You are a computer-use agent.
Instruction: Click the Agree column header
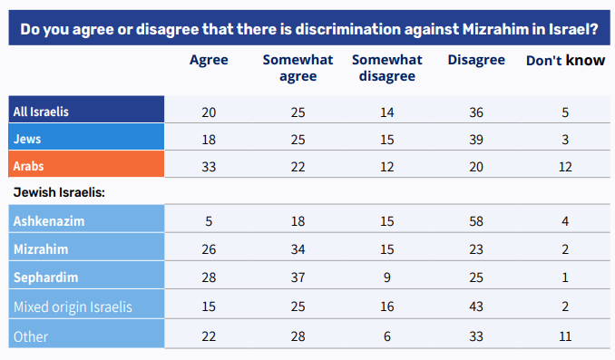tap(209, 61)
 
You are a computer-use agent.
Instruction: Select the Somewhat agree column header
tap(298, 68)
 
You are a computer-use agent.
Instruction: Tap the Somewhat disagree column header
tap(387, 68)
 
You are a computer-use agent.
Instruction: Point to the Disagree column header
tap(476, 61)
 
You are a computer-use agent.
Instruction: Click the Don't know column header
tap(565, 61)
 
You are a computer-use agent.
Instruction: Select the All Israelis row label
tap(41, 112)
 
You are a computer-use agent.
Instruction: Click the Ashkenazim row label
tap(49, 220)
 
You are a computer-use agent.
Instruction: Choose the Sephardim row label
tap(46, 277)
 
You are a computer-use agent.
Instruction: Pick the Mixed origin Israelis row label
tap(73, 306)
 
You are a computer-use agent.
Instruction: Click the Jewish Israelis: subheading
tap(59, 192)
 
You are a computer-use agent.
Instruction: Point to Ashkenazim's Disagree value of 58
tap(476, 221)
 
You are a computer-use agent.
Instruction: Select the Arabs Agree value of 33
tap(209, 167)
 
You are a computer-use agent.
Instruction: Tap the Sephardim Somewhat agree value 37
tap(298, 277)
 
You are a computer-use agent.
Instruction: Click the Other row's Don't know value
tap(565, 336)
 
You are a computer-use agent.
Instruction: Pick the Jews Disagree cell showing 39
tap(476, 140)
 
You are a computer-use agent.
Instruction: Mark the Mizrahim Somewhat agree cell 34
tap(298, 249)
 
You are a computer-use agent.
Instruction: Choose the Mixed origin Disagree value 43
tap(476, 306)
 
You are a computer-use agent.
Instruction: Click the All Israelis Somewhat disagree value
tap(387, 112)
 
